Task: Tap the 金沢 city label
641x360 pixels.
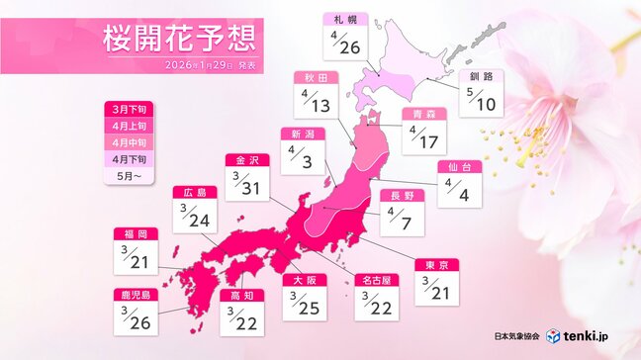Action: pyautogui.click(x=246, y=159)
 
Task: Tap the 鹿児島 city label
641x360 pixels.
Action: pyautogui.click(x=136, y=295)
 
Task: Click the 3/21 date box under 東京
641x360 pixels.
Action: pyautogui.click(x=436, y=286)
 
